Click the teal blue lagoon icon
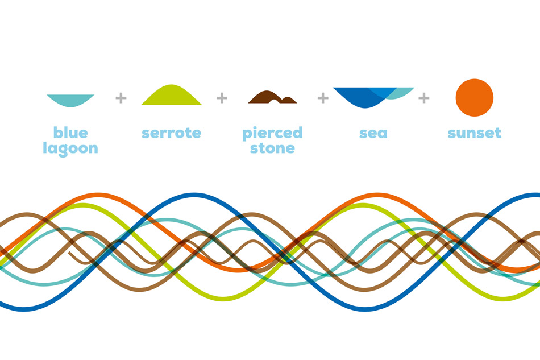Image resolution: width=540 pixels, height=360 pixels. point(70,100)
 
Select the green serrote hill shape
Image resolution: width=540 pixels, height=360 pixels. point(172,97)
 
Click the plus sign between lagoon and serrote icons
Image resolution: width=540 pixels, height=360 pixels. point(121,98)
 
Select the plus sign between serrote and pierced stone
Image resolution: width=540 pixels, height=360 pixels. point(222,98)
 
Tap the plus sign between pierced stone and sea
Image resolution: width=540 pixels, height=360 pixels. point(323,98)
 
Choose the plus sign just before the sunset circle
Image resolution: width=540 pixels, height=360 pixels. point(423,98)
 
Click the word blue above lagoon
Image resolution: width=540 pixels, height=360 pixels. point(70,133)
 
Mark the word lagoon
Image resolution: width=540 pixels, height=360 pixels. point(70,149)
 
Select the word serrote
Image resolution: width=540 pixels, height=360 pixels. point(172,134)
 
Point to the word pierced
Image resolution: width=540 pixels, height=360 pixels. point(272,134)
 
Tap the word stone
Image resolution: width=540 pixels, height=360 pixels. point(272,148)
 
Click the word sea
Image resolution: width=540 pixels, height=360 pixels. point(373,134)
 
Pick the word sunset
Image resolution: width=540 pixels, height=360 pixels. point(475,134)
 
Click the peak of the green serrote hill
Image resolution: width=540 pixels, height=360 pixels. point(172,86)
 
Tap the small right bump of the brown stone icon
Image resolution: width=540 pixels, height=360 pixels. point(288,100)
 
